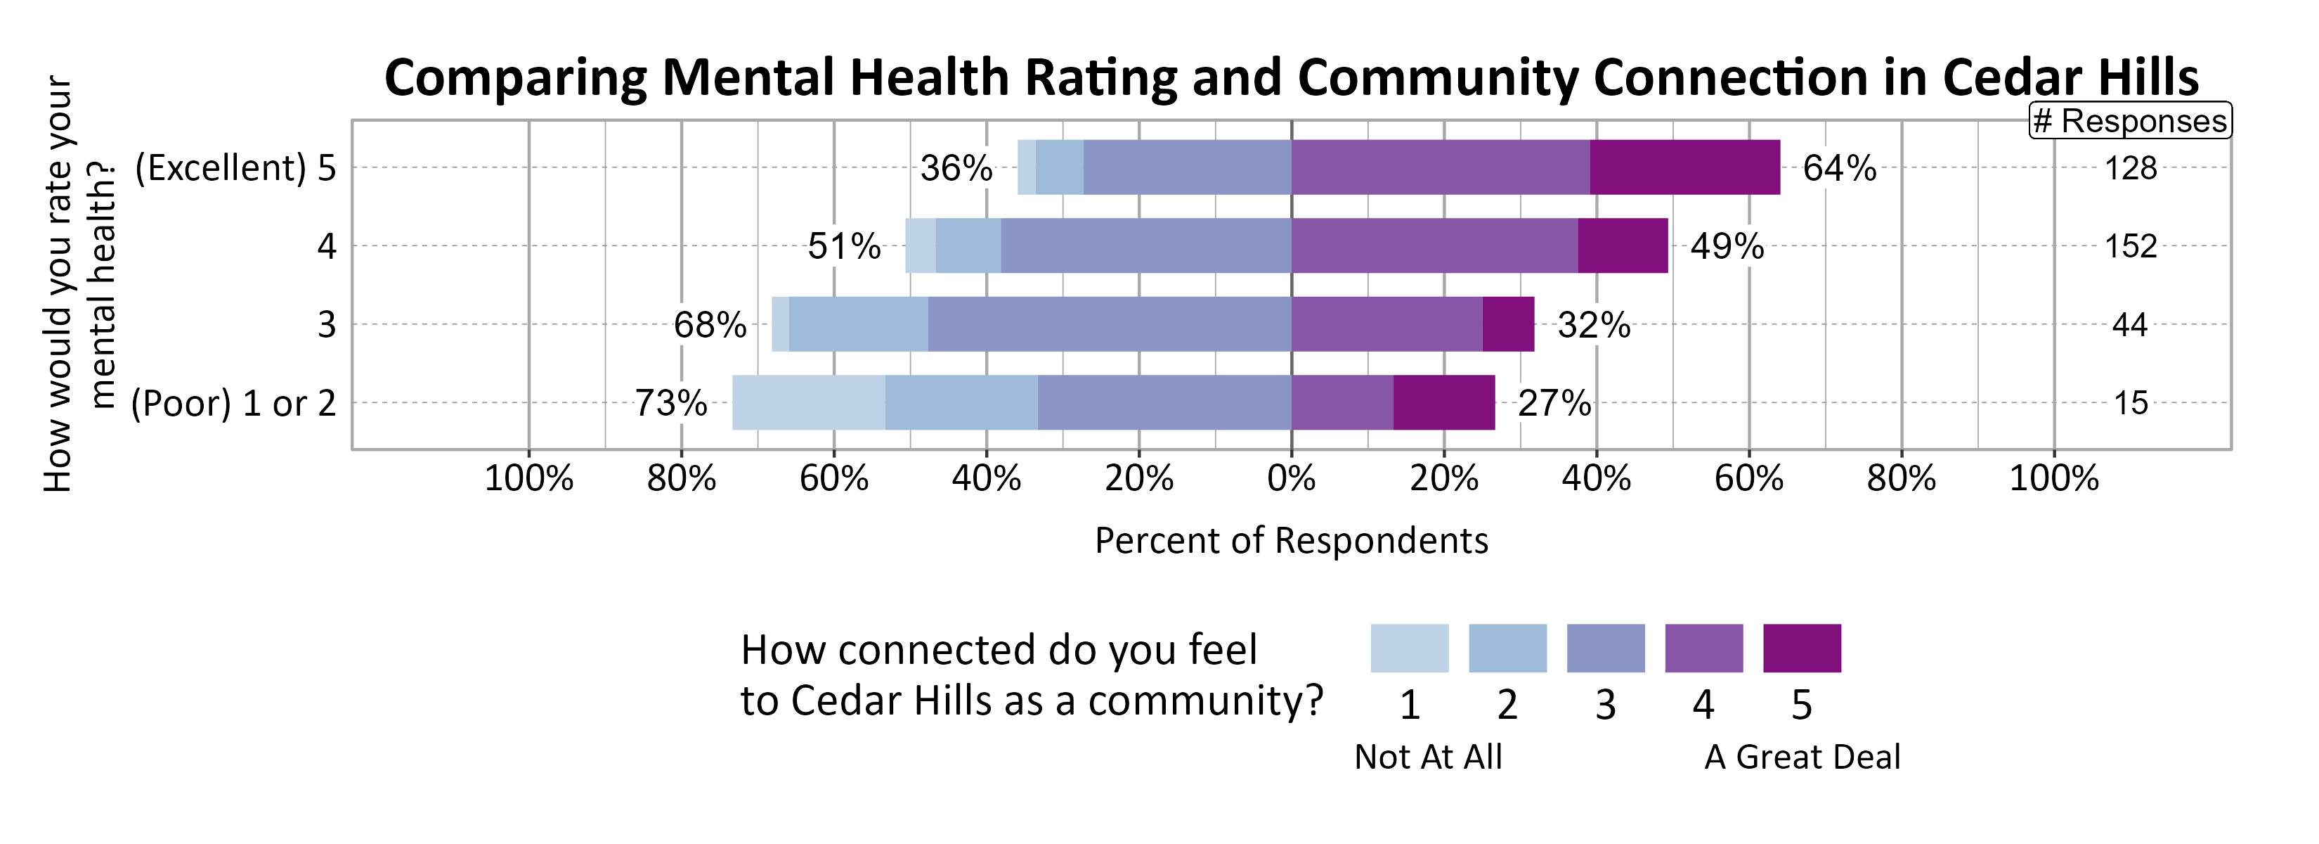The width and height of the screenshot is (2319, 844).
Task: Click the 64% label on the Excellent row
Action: tap(1839, 168)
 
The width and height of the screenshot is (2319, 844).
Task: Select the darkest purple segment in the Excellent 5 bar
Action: tap(1684, 167)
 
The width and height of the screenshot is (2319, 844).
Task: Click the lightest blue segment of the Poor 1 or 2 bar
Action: tap(807, 402)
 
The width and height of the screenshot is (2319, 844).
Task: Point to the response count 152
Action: tap(2130, 246)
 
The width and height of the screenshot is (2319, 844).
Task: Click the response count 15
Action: tap(2130, 402)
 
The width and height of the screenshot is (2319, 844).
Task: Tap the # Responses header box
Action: tap(2129, 121)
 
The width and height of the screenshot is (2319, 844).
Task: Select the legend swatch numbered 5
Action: tap(1801, 648)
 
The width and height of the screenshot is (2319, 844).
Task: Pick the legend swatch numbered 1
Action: tap(1409, 648)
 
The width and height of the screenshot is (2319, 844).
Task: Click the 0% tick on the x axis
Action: tap(1291, 478)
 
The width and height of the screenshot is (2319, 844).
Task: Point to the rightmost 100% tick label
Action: tap(2053, 478)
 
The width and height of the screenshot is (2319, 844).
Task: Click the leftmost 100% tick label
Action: tap(528, 478)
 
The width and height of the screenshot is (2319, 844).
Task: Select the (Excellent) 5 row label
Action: tap(235, 168)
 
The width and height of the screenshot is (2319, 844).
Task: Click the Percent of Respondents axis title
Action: tap(1291, 540)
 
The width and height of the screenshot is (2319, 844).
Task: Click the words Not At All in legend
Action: tap(1428, 757)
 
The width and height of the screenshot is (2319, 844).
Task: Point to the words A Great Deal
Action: tap(1801, 757)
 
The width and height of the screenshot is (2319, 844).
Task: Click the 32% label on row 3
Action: tap(1593, 325)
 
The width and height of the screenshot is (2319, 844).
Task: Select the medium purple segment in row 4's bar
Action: tap(1434, 246)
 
